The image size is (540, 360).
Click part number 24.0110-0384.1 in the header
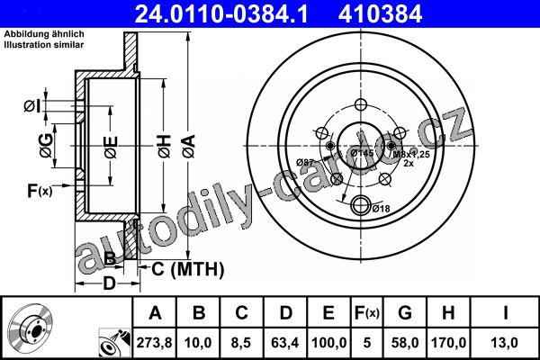pos(221,13)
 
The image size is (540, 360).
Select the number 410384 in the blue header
pos(380,13)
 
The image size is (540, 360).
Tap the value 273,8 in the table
pos(154,343)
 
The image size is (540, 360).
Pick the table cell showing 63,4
pos(284,343)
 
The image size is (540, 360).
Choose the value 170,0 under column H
pos(448,343)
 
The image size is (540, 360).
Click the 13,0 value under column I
pos(505,343)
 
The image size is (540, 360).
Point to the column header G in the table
pos(405,313)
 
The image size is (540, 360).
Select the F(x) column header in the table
pos(367,313)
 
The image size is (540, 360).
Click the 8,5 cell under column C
pos(241,343)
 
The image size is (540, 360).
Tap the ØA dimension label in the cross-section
pos(189,146)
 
